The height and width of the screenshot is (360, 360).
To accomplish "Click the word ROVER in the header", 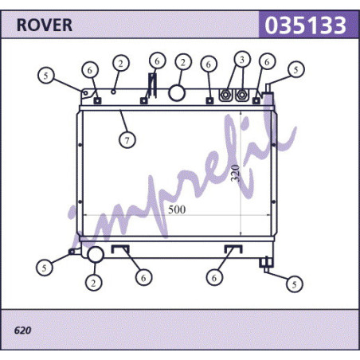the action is pos(45,25).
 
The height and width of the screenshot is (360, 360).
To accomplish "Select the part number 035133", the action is pos(305,25).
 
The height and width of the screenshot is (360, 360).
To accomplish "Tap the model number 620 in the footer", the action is pos(22,331).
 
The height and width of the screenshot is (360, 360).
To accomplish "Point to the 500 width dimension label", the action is pos(177,209).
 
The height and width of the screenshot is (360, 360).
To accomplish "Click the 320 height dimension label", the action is pos(235,174).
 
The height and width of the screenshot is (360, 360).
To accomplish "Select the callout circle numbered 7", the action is pos(127,140).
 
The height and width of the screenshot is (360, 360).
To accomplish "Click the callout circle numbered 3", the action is pos(242,60).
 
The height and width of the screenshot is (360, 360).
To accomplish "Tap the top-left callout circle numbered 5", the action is pos(46,76).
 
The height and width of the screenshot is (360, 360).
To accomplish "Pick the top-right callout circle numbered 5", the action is pos(296,69).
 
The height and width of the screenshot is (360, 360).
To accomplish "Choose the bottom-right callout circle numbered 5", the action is pos(295,284).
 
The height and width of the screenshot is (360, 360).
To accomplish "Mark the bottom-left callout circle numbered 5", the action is pos(45,268).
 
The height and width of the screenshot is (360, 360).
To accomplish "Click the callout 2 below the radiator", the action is pos(93,283).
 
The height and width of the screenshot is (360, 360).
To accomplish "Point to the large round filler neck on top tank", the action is pos(177,92).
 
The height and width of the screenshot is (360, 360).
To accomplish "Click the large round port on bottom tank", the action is pos(96,254).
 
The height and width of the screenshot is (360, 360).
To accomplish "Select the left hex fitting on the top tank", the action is pos(225,95).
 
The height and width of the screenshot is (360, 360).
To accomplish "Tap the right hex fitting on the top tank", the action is pos(242,95).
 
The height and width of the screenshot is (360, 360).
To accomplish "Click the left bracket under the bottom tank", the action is pos(120,249).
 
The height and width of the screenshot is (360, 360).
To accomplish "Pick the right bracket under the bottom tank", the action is pos(233,249).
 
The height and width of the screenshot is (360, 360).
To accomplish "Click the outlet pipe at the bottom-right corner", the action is pos(266,264).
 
